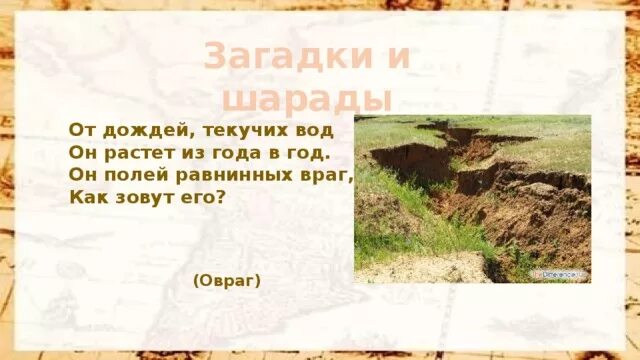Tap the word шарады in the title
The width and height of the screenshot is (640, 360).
tap(305, 99)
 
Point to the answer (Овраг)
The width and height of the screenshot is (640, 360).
tap(227, 281)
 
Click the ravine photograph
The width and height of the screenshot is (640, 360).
tap(472, 198)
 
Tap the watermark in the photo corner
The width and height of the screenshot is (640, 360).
tap(559, 273)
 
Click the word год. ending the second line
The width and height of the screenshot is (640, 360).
tap(308, 153)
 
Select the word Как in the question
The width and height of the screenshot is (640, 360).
tap(87, 197)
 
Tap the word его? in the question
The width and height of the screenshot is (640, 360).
tap(207, 197)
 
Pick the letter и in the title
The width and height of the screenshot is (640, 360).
tap(397, 57)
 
